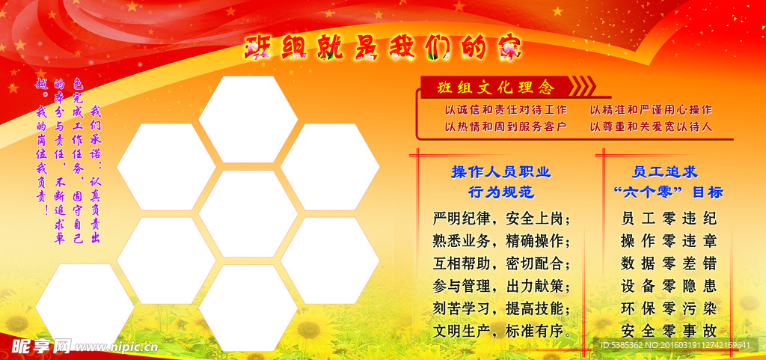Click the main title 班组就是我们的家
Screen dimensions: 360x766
click(384, 49)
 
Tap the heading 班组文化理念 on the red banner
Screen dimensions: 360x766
click(496, 88)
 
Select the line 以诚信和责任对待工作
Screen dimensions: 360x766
click(505, 110)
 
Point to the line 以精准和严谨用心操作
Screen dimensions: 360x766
click(651, 110)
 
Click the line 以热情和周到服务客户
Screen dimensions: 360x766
click(505, 126)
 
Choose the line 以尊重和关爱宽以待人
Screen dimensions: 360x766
click(651, 126)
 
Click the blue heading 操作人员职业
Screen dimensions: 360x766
click(500, 172)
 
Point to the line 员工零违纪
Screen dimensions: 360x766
click(669, 219)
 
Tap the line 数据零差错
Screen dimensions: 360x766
click(669, 263)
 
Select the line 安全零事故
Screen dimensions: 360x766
click(669, 330)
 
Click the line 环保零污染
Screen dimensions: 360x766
click(669, 308)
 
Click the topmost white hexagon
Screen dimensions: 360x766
click(248, 118)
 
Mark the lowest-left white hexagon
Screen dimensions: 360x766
click(85, 306)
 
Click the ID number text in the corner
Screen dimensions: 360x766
click(675, 345)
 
